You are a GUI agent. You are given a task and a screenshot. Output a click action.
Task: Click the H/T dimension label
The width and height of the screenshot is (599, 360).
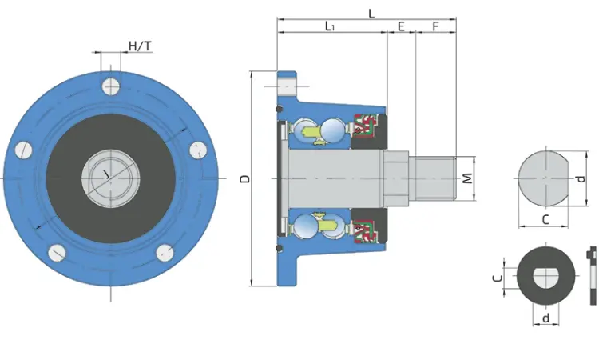point(140,46)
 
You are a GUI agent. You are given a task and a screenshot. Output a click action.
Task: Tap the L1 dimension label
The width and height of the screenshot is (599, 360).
point(330,26)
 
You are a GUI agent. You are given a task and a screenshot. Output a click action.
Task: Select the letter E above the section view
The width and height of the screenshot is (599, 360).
point(401,26)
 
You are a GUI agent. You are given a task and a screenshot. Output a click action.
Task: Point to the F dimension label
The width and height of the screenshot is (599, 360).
point(436,26)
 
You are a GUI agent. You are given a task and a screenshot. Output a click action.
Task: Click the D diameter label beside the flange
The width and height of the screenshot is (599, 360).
point(246,178)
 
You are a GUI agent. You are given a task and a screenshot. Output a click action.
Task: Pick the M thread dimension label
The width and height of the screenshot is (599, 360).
point(467,178)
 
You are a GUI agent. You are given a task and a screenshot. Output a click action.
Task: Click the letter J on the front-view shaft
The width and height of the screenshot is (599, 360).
point(106,175)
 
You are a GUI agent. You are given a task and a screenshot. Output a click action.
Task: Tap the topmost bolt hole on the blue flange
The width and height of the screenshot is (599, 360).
point(111,87)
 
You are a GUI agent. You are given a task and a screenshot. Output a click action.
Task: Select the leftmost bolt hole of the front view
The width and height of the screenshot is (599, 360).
point(24,150)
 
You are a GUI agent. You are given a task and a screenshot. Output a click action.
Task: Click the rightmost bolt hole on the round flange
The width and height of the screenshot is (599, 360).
point(198,150)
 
